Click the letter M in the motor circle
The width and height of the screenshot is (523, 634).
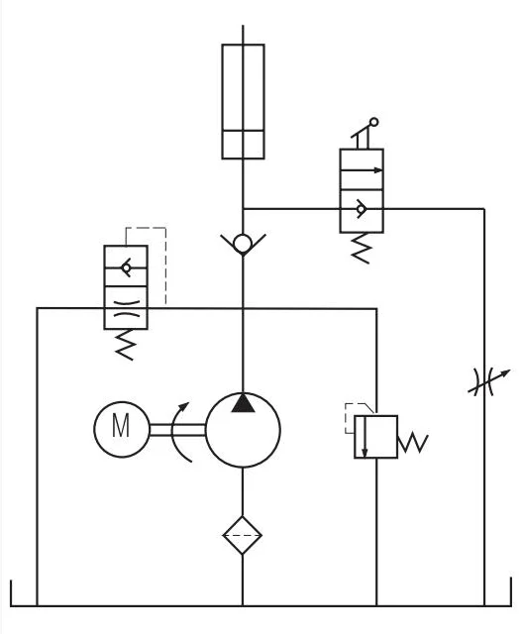click(121, 428)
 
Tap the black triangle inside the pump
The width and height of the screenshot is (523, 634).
click(243, 402)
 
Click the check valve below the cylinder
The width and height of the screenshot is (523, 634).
click(243, 243)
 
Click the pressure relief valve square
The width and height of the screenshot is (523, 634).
click(377, 437)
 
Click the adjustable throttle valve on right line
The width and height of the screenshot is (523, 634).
click(484, 382)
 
